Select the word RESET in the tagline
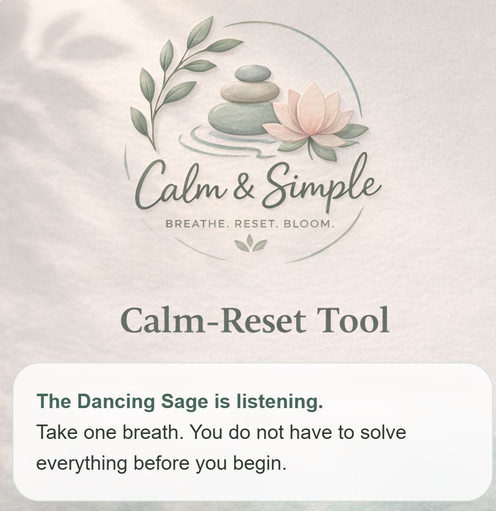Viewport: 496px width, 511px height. pos(256,224)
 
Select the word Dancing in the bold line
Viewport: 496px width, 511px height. pos(116,402)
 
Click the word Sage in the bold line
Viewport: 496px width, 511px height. pos(185,402)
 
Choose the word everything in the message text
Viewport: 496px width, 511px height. pos(82,463)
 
